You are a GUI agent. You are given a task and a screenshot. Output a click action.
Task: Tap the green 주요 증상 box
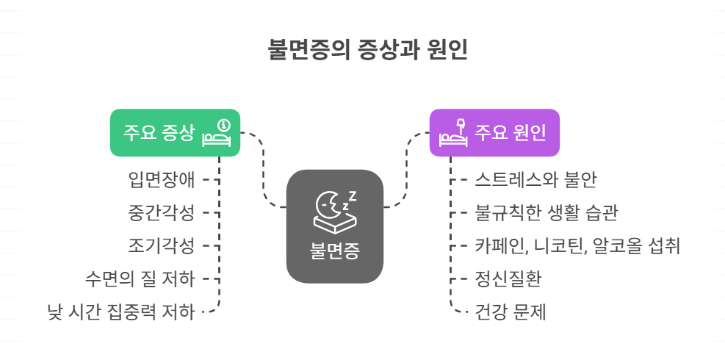(x=176, y=133)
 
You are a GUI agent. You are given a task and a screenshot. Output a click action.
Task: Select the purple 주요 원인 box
(x=494, y=133)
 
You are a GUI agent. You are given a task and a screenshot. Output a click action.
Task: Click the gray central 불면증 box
(x=335, y=226)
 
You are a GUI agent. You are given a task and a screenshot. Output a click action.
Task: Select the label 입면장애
(x=161, y=179)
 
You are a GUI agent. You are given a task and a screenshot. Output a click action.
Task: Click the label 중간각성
(x=161, y=213)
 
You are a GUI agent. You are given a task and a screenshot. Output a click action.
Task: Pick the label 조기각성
(x=161, y=245)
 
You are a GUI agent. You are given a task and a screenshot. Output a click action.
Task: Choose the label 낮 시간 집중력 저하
(x=120, y=312)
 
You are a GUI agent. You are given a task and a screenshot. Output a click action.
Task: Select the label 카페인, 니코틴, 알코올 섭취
(x=577, y=245)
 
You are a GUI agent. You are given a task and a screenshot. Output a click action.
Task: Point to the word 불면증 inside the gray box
(x=335, y=252)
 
